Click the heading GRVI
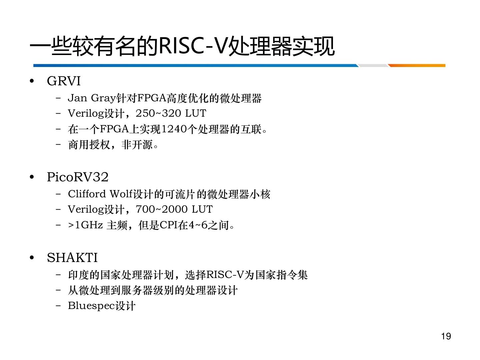pyautogui.click(x=64, y=81)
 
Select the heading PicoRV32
pyautogui.click(x=78, y=177)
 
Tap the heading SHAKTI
pyautogui.click(x=72, y=257)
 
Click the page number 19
pyautogui.click(x=446, y=336)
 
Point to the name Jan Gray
pyautogui.click(x=92, y=98)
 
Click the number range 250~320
pyautogui.click(x=158, y=113)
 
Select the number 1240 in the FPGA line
pyautogui.click(x=174, y=129)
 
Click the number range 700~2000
pyautogui.click(x=162, y=209)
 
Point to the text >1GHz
pyautogui.click(x=86, y=225)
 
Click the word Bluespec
pyautogui.click(x=91, y=306)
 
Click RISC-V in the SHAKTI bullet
pyautogui.click(x=225, y=275)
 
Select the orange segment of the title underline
pyautogui.click(x=417, y=66)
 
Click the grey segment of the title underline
pyautogui.click(x=373, y=66)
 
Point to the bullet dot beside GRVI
pyautogui.click(x=32, y=81)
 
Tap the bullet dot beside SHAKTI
pyautogui.click(x=32, y=258)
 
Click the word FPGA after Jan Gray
pyautogui.click(x=152, y=98)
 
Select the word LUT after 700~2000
pyautogui.click(x=202, y=209)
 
